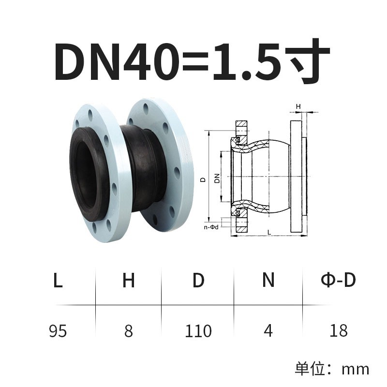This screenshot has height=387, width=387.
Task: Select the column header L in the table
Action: pyautogui.click(x=58, y=281)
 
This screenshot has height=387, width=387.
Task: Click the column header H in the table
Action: pyautogui.click(x=128, y=281)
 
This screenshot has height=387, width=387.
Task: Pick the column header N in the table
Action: pyautogui.click(x=268, y=280)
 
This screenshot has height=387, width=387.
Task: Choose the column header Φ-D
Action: pyautogui.click(x=338, y=280)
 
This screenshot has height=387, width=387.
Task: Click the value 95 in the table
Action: pyautogui.click(x=58, y=331)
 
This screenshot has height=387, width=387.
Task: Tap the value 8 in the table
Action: pyautogui.click(x=128, y=331)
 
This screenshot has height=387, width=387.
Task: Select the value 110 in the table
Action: pyautogui.click(x=198, y=331)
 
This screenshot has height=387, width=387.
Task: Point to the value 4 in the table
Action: pyautogui.click(x=268, y=331)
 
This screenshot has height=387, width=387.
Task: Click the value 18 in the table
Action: pyautogui.click(x=338, y=331)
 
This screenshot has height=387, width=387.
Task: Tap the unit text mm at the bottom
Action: pyautogui.click(x=355, y=369)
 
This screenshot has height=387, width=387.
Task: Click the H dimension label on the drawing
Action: pyautogui.click(x=298, y=105)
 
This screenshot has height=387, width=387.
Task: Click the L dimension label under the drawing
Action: pyautogui.click(x=269, y=233)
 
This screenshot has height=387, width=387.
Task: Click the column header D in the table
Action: pyautogui.click(x=198, y=281)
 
